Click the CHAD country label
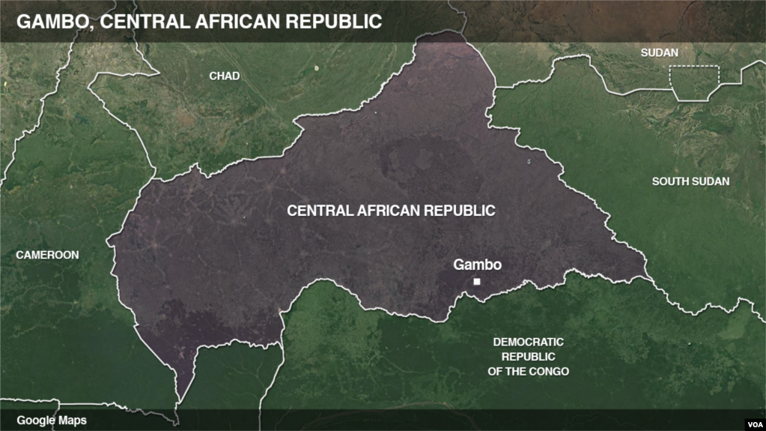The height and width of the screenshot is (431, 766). coord(225,76)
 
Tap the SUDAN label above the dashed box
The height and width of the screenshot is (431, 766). coord(660,52)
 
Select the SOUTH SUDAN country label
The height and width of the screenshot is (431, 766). coord(690,181)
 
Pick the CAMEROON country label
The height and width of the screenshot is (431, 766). coord(47,255)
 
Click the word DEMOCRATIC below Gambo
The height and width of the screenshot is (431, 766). coord(528,342)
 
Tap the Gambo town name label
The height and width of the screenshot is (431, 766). coord(477,265)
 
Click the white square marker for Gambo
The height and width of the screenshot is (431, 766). coord(476,282)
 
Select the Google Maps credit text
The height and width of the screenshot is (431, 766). coord(52,421)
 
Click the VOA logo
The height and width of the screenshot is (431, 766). coord(752,420)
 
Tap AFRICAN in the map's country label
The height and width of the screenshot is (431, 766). coord(391,211)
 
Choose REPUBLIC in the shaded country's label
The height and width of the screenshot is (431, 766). coord(462,211)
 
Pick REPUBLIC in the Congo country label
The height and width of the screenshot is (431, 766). coord(528,357)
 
